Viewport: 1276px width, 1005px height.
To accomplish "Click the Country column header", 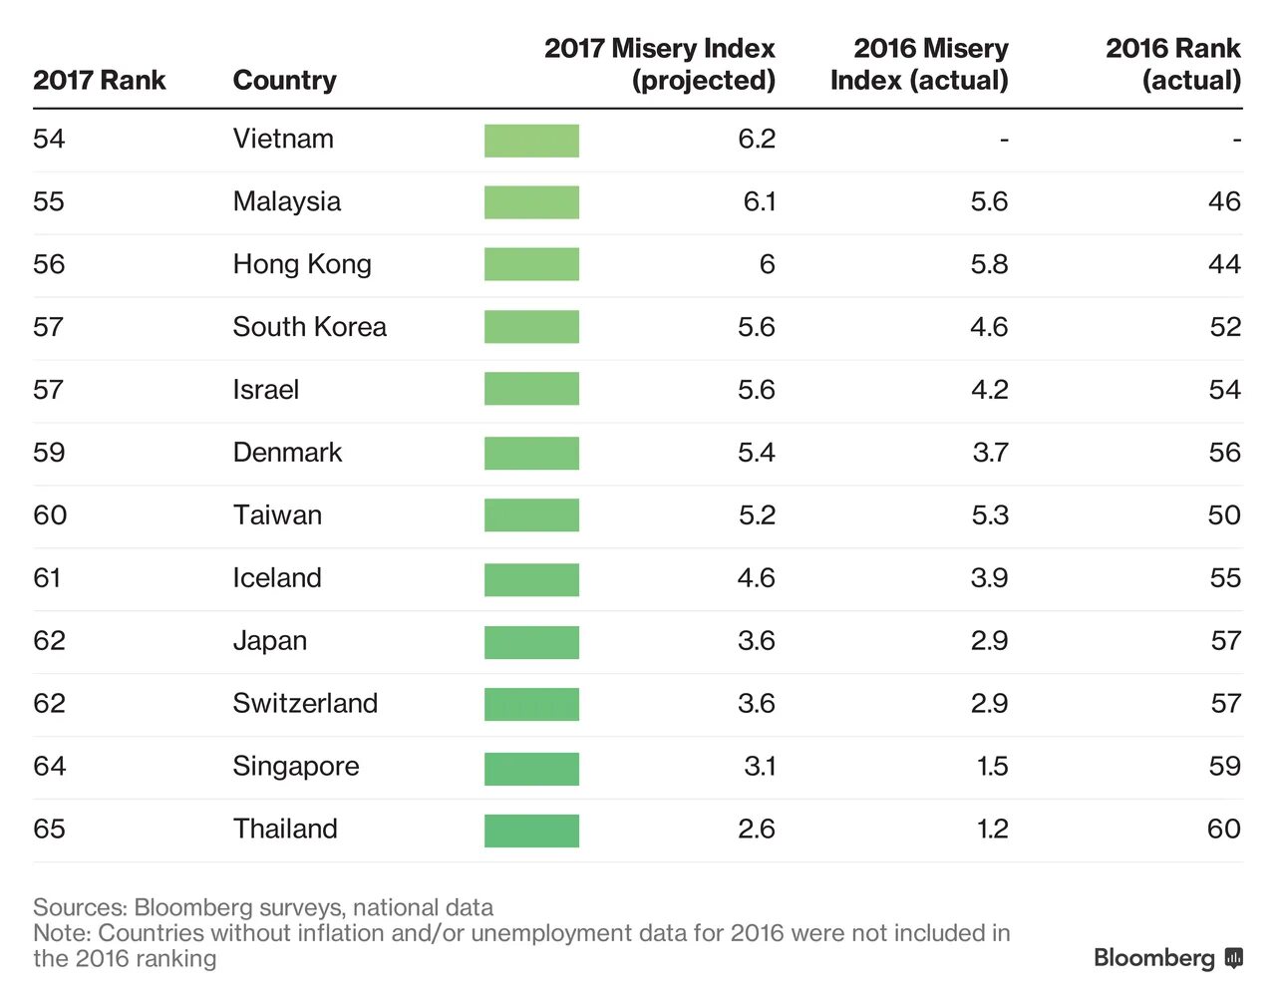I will pyautogui.click(x=284, y=80).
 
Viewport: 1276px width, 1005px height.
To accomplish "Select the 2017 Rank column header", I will pyautogui.click(x=99, y=80).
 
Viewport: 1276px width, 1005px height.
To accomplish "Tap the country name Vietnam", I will pyautogui.click(x=283, y=139).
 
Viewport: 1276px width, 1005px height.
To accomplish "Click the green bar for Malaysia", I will pyautogui.click(x=531, y=202).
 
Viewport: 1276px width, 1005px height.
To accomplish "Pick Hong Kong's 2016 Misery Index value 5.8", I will pyautogui.click(x=989, y=264).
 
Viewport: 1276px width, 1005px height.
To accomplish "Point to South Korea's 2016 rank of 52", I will pyautogui.click(x=1224, y=327).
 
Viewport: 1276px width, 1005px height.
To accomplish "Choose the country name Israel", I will pyautogui.click(x=265, y=390).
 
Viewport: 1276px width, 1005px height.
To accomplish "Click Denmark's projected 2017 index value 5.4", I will pyautogui.click(x=756, y=453).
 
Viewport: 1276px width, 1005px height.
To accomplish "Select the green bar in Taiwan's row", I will pyautogui.click(x=531, y=515).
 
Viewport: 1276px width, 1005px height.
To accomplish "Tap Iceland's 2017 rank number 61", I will pyautogui.click(x=48, y=578).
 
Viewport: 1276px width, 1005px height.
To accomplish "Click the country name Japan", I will pyautogui.click(x=269, y=641).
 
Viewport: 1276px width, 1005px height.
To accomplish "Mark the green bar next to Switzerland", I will pyautogui.click(x=531, y=704).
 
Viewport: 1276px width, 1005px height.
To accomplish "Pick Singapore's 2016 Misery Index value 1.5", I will pyautogui.click(x=992, y=767).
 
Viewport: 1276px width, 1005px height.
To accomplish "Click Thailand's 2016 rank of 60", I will pyautogui.click(x=1223, y=830).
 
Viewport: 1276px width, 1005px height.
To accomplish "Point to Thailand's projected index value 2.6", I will pyautogui.click(x=756, y=830).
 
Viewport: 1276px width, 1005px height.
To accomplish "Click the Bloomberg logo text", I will pyautogui.click(x=1154, y=958).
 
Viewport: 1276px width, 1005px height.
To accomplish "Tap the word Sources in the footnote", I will pyautogui.click(x=79, y=907).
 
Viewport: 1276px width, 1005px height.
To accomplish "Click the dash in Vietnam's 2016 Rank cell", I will pyautogui.click(x=1236, y=140).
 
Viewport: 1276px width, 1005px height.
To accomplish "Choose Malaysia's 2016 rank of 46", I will pyautogui.click(x=1224, y=201).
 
